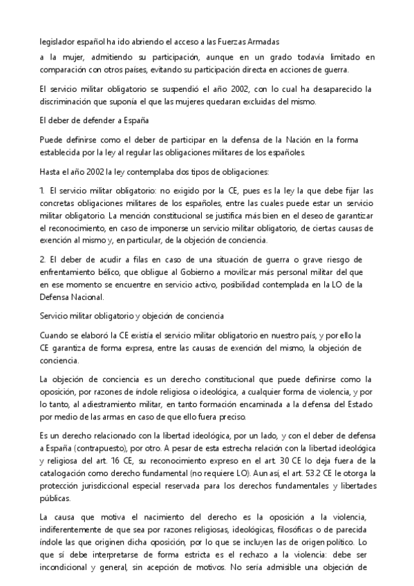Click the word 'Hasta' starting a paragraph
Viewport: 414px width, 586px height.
pyautogui.click(x=51, y=171)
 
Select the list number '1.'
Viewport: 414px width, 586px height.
pyautogui.click(x=44, y=190)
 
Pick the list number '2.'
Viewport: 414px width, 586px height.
pyautogui.click(x=44, y=259)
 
